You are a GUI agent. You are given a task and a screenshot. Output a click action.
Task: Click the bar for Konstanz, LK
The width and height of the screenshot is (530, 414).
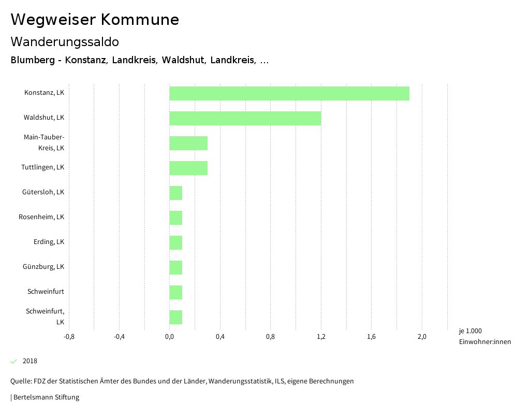coord(289,93)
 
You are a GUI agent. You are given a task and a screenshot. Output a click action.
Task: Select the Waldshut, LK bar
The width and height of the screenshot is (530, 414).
coord(245,118)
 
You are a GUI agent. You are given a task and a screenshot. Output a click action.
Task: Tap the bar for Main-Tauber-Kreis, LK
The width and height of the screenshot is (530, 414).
coord(188,143)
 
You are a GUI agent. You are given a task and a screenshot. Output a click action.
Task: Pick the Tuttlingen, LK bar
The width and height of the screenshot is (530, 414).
coord(188,168)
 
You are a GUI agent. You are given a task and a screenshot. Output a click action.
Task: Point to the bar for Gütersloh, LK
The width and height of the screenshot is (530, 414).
coord(176,193)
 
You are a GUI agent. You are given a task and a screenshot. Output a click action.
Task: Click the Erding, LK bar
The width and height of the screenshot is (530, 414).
coord(176,242)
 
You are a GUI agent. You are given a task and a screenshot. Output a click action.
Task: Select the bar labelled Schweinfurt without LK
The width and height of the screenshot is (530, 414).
coord(176,292)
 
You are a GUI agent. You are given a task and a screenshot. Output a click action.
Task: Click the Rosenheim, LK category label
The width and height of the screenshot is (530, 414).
coord(41,217)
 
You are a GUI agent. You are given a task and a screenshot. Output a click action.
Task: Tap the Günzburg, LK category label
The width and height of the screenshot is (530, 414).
coord(43,267)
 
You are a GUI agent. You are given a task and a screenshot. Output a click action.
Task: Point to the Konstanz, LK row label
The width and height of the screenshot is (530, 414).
coord(44,93)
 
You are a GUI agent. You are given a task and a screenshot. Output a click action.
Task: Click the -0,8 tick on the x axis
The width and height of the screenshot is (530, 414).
coord(69,337)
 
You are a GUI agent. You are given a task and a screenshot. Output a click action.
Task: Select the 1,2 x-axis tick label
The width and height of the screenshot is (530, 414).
coord(321,337)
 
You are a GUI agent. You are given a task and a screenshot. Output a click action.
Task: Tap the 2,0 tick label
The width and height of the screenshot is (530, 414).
coord(422,337)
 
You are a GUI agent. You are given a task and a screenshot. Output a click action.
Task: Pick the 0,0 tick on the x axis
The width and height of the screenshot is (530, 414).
coord(169,337)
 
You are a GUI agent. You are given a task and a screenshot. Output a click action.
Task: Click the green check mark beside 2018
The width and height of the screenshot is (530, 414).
coord(14,361)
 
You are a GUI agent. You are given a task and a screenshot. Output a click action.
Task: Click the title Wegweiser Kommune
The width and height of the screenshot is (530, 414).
coord(95,20)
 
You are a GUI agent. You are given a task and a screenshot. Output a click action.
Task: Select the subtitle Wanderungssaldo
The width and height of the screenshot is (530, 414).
coord(65,42)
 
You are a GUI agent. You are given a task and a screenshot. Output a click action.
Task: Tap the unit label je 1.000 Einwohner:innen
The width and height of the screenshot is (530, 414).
coord(484,336)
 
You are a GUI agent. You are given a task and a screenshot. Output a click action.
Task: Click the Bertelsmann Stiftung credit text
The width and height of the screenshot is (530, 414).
coord(46,397)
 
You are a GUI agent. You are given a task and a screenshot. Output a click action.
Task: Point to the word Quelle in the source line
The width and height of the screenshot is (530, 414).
coord(21,381)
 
